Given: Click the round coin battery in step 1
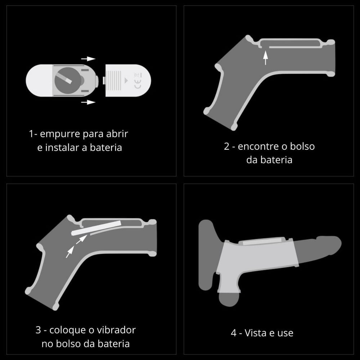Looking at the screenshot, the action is pyautogui.click(x=68, y=80).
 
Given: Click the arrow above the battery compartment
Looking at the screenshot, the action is pyautogui.click(x=88, y=59).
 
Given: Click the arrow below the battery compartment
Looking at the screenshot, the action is pyautogui.click(x=88, y=102).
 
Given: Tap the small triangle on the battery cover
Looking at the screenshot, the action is pyautogui.click(x=126, y=81).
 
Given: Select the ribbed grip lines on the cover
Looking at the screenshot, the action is pyautogui.click(x=114, y=80).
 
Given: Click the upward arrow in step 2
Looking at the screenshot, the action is pyautogui.click(x=265, y=58).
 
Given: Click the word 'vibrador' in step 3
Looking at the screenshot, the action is pyautogui.click(x=116, y=330).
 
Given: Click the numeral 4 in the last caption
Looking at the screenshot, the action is pyautogui.click(x=234, y=333).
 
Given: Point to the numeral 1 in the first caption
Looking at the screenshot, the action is pyautogui.click(x=31, y=134).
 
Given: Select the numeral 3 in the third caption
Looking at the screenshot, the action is pyautogui.click(x=38, y=330).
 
